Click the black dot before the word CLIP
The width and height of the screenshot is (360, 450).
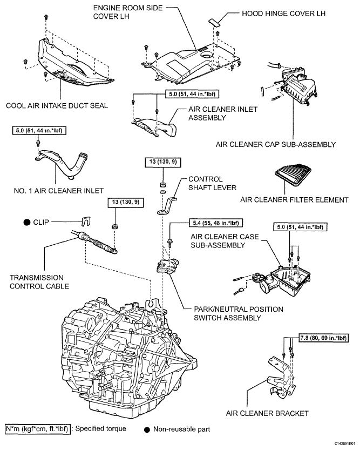pyautogui.click(x=25, y=222)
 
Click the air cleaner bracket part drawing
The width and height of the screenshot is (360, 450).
pyautogui.click(x=281, y=378)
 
